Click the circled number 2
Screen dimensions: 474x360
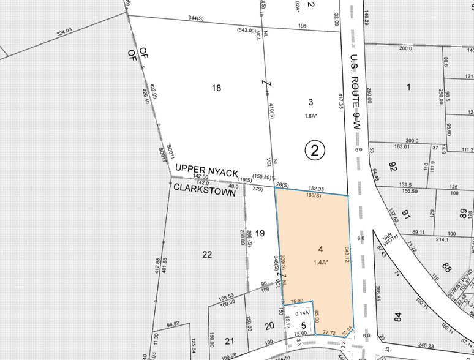coord(314,150)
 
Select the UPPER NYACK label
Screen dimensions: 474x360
coord(206,168)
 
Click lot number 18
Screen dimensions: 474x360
coord(216,88)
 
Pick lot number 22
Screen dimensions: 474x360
coord(207,254)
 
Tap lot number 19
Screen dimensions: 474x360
coord(260,233)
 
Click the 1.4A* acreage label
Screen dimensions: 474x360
coord(320,263)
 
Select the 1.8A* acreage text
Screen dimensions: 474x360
coord(312,115)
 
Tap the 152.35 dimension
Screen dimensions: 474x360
coord(317,189)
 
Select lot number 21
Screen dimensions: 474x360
coord(230,340)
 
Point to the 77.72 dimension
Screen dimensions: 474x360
coord(329,332)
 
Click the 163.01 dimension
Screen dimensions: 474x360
coord(402,147)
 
